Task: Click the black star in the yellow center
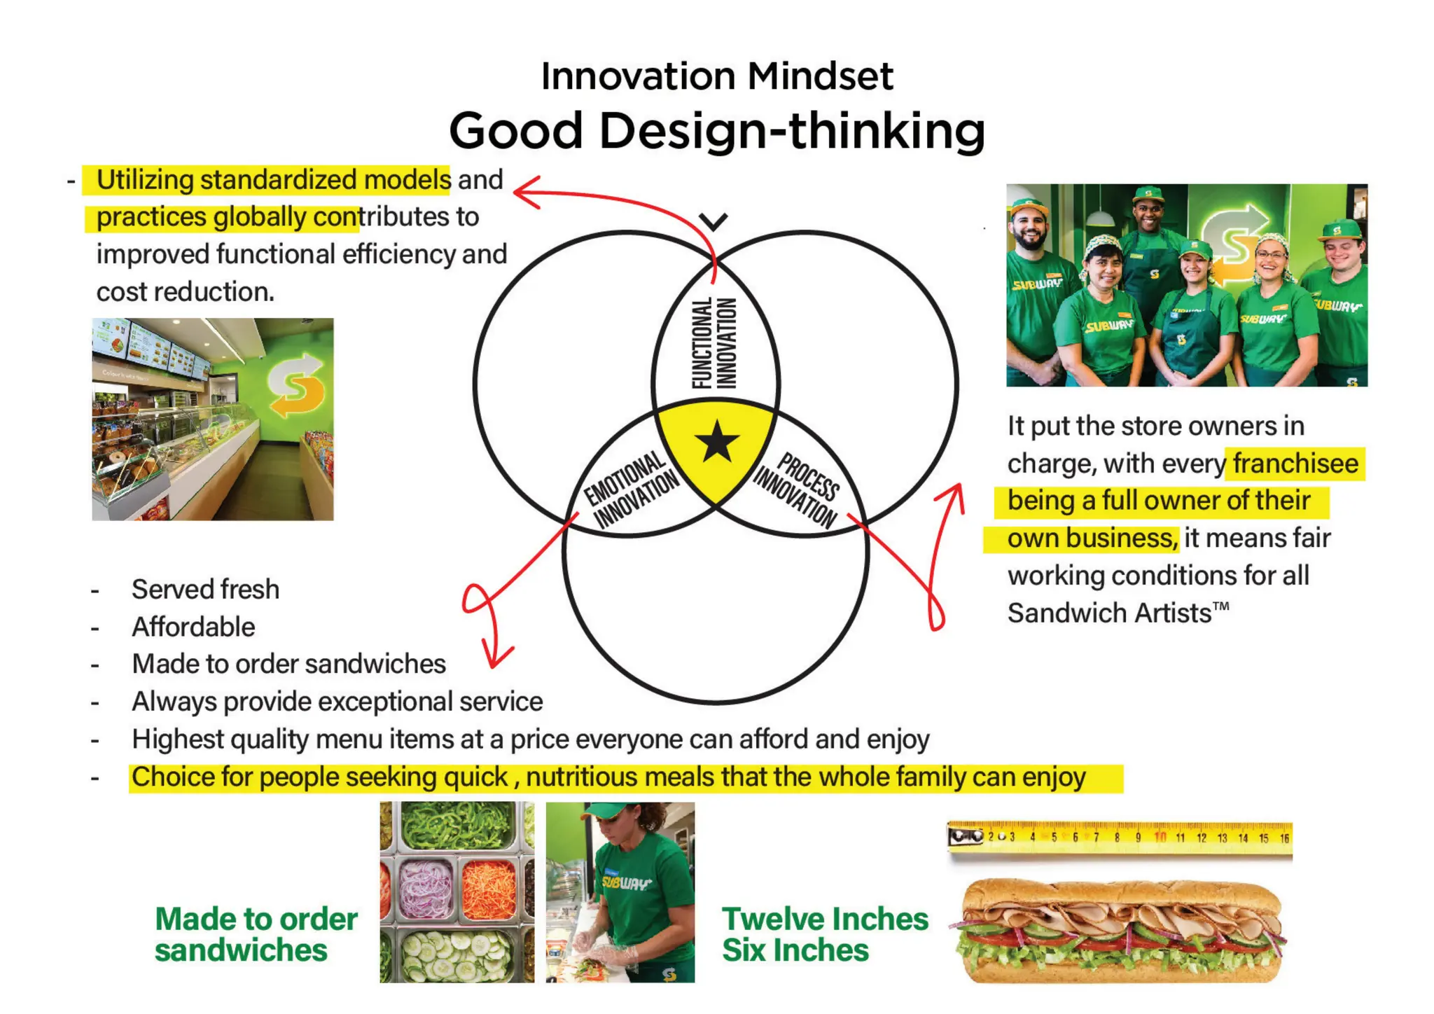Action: click(717, 443)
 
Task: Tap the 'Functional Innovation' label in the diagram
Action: click(714, 343)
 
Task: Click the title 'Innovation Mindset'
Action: click(717, 76)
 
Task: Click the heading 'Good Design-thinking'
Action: click(717, 131)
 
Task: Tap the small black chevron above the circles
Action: click(713, 222)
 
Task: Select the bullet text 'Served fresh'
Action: click(205, 590)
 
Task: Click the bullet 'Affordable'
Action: click(193, 627)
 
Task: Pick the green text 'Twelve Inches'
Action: click(825, 919)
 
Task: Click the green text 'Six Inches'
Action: click(795, 950)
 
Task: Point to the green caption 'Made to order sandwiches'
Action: click(256, 934)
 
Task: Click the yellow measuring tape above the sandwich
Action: click(1120, 838)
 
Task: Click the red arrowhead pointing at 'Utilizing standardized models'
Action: click(525, 192)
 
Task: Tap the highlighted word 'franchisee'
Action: click(1295, 464)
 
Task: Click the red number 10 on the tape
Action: click(1160, 838)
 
